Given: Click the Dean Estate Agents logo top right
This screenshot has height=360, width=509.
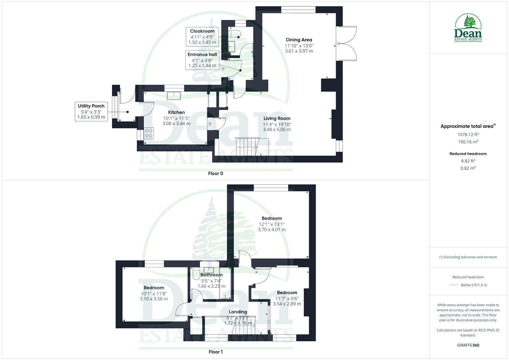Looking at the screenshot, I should click(468, 28).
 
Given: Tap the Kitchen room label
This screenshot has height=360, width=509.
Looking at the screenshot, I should click(176, 112).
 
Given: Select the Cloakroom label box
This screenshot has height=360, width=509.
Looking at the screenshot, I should click(202, 37).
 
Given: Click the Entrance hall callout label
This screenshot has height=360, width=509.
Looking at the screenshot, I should click(202, 60).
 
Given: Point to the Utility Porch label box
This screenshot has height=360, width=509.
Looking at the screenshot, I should click(91, 111).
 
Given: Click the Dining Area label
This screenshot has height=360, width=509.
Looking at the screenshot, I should click(299, 40).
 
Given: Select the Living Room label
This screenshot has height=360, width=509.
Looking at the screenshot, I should click(277, 118).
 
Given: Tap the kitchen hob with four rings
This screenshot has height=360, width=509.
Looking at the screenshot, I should click(149, 133).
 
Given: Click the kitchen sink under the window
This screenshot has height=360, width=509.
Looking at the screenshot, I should click(174, 95).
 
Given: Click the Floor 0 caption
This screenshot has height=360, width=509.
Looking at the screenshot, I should click(215, 173).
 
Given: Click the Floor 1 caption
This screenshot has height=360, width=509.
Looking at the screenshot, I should click(215, 352).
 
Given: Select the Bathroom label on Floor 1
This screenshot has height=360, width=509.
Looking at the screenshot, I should click(211, 275).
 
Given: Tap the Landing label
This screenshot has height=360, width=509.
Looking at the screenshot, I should click(238, 312).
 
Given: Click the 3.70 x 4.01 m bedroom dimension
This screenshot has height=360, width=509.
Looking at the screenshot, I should click(272, 230).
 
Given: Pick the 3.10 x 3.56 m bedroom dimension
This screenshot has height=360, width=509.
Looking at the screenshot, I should click(154, 299).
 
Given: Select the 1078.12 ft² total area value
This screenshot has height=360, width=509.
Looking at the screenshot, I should click(468, 135).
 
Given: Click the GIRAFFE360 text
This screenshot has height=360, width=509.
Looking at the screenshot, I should click(468, 345).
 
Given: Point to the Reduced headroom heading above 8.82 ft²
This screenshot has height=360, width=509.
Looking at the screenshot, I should click(468, 154).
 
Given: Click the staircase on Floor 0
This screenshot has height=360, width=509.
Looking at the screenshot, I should click(247, 146).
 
